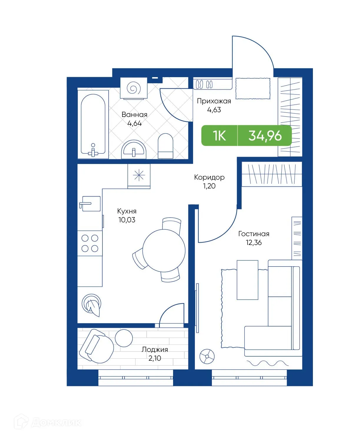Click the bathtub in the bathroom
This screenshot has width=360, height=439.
tap(93, 124)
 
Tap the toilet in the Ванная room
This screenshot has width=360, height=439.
tap(165, 146)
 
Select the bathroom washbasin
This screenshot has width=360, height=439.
tap(134, 149)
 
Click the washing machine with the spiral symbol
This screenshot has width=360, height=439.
tap(134, 88)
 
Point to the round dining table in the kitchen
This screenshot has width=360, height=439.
tap(164, 250)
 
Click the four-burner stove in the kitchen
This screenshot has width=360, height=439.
tap(90, 243)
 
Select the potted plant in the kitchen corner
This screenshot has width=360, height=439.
tap(92, 305)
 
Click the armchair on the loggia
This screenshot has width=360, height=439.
tap(96, 346)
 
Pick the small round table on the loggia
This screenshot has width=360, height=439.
tap(124, 338)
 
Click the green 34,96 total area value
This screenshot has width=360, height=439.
tap(265, 136)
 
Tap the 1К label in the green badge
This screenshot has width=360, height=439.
tap(219, 136)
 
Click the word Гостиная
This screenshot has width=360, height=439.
tap(254, 234)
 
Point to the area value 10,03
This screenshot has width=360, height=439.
tap(127, 220)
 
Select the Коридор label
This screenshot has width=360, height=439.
tap(209, 177)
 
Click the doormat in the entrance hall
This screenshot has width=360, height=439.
tap(253, 88)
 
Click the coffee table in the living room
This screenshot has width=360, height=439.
tap(248, 280)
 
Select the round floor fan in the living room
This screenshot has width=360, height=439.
tap(207, 356)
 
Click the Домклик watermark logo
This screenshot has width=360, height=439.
tap(48, 423)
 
